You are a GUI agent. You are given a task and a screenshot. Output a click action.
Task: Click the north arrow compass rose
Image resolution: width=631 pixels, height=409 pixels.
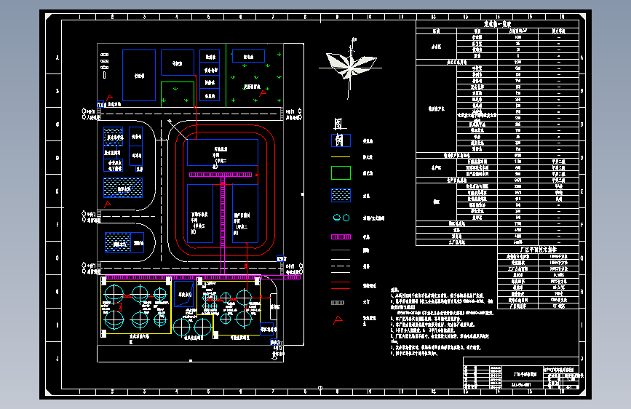point(352,65)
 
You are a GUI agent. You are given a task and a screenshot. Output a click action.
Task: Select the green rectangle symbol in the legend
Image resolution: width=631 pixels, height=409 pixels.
point(341,173)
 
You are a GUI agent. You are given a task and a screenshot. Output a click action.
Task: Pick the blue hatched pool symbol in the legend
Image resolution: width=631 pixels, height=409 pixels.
point(341,195)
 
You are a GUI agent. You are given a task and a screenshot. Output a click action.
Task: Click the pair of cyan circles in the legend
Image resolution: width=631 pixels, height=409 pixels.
point(341,218)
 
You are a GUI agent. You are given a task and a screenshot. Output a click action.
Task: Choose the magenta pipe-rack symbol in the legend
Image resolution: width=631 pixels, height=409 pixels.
point(341,237)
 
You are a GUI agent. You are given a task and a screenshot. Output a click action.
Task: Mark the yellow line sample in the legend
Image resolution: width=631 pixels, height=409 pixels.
point(341,271)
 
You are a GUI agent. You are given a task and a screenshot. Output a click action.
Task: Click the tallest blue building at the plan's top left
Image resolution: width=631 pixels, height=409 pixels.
point(138,75)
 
